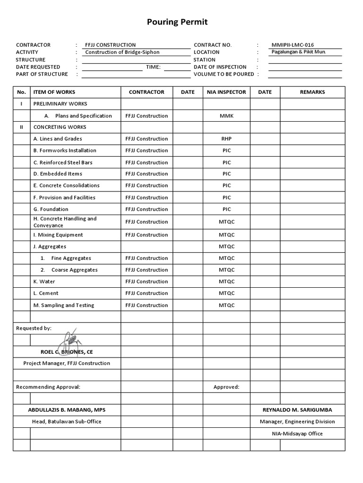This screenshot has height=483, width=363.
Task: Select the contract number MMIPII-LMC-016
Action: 292,45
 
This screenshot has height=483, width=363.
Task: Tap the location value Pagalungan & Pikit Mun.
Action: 298,52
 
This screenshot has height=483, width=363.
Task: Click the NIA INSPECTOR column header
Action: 226,92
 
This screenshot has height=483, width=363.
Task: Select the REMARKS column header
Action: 312,92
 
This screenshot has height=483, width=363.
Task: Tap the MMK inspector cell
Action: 226,116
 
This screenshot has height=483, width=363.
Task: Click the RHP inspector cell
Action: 226,139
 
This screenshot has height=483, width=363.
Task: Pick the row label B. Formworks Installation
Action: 65,150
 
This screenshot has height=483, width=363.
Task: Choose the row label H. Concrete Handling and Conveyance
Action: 65,222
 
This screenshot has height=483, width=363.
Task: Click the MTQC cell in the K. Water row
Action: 226,282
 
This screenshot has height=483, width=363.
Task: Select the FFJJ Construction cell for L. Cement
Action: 147,293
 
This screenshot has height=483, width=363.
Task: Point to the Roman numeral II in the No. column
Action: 21,127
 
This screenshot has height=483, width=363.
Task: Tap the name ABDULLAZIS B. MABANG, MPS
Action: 67,409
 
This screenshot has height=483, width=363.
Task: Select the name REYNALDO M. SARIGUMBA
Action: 297,409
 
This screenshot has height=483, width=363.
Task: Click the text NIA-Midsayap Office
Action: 297,433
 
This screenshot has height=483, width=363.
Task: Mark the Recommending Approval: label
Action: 48,387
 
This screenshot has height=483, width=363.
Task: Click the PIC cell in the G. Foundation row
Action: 226,209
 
